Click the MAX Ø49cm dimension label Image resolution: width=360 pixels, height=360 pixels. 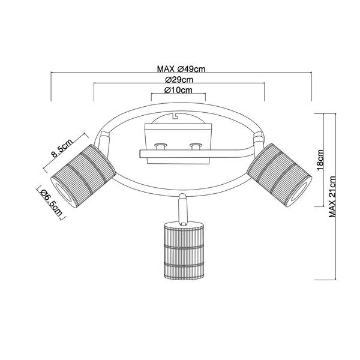pos(181,68)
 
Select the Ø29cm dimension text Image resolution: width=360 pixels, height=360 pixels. pos(179,80)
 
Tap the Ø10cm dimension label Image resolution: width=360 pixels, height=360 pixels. pos(178,90)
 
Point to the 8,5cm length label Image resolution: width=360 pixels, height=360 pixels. pos(62,148)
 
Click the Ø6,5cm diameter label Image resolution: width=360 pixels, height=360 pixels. pos(51,203)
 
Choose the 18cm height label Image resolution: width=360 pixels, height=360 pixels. pos(320,160)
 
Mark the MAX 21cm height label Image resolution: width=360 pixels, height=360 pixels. pos(332,197)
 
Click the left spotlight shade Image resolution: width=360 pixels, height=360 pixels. pos(83,176)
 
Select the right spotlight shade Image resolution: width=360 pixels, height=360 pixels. pos(279,175)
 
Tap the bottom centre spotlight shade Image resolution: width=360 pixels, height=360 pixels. pos(184,251)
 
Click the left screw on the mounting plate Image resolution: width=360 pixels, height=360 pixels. pos(161,146)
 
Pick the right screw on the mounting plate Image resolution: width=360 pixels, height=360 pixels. pos(196,146)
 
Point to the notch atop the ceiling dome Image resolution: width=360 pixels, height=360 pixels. pos(176,115)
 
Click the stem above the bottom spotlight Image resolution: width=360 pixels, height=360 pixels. pos(183,208)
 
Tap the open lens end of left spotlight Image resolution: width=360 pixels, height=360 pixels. pos(65,193)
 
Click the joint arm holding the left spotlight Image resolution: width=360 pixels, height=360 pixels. pos(104,142)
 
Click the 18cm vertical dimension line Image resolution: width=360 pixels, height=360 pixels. pos(324,160)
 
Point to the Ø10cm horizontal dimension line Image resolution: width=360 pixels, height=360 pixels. pos(178,94)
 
